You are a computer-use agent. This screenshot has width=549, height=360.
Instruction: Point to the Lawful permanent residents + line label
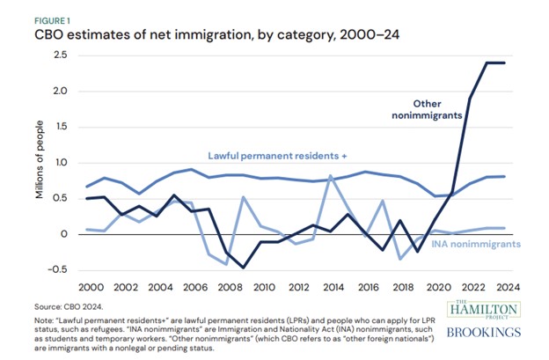coord(277,156)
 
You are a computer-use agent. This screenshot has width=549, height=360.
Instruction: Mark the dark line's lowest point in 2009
coord(244,268)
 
